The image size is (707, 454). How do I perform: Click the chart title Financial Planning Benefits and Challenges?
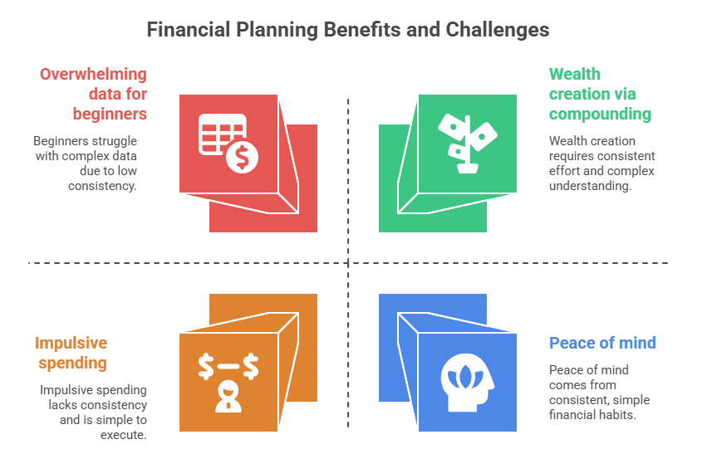point(348,30)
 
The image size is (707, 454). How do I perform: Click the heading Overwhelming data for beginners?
point(93,94)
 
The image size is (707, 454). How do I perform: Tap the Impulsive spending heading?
point(71,353)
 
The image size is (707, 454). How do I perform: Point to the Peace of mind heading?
point(602,343)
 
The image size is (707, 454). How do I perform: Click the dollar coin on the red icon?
point(243,156)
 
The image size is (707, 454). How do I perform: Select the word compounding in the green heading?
point(600,113)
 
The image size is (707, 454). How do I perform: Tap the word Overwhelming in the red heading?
point(93,75)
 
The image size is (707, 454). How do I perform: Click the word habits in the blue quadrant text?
point(617,415)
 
